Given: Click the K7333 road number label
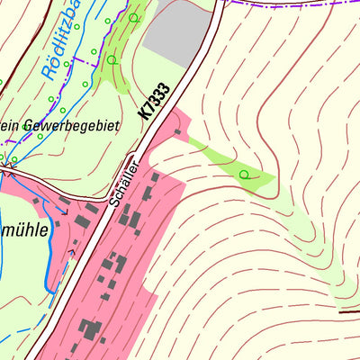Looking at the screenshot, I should pyautogui.click(x=155, y=100).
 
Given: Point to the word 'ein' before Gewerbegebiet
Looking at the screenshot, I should pyautogui.click(x=11, y=126).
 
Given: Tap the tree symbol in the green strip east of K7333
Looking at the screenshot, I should pyautogui.click(x=244, y=174).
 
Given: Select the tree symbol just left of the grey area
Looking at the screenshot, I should pyautogui.click(x=135, y=17).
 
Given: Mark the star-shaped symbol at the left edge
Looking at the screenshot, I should pyautogui.click(x=10, y=166).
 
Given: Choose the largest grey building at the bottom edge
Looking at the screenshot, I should pyautogui.click(x=90, y=329).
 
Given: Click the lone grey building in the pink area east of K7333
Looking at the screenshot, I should pyautogui.click(x=177, y=133).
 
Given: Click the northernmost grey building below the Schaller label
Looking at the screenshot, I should pyautogui.click(x=155, y=178).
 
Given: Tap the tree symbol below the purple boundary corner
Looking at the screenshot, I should pyautogui.click(x=112, y=59).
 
